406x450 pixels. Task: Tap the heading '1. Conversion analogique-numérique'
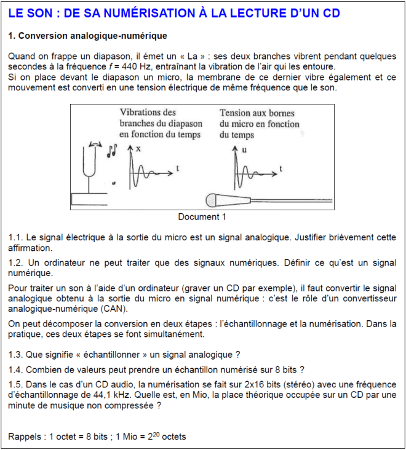point(88,36)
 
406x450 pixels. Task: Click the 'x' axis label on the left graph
point(137,149)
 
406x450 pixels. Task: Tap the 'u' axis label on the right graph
point(244,149)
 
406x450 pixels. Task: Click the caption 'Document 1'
point(202,216)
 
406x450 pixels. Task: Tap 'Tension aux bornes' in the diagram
point(257,113)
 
